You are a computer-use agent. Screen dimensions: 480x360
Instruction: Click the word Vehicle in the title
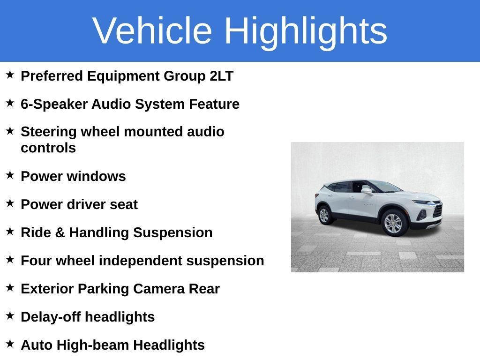point(152,30)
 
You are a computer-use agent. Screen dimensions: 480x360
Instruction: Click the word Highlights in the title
point(306,32)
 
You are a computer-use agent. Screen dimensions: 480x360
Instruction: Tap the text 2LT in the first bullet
point(221,76)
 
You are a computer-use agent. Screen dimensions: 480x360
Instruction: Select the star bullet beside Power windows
point(10,175)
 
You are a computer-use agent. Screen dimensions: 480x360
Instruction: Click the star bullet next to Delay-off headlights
point(10,315)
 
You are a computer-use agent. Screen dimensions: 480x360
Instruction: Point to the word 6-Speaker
point(54,105)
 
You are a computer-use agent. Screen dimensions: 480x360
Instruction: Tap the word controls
point(48,148)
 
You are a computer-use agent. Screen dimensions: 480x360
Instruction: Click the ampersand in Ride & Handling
point(60,232)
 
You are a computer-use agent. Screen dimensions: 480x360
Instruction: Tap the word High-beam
point(93,345)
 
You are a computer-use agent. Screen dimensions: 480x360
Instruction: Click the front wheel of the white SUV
point(393,223)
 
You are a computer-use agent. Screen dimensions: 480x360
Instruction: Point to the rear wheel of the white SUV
point(324,215)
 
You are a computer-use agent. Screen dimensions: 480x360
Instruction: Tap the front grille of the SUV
point(438,210)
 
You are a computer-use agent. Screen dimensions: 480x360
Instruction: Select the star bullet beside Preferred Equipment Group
point(10,75)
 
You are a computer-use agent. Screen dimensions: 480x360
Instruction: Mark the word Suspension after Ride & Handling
point(172,233)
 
